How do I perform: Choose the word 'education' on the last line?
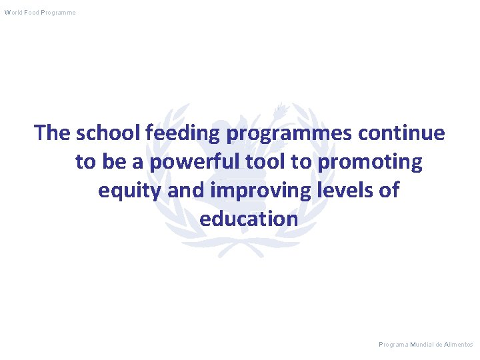coord(249,219)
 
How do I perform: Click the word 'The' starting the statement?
coord(53,133)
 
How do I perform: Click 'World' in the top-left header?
coord(12,13)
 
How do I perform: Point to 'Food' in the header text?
coord(31,13)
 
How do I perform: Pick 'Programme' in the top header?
coord(58,13)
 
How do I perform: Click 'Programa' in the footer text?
coord(393,345)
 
